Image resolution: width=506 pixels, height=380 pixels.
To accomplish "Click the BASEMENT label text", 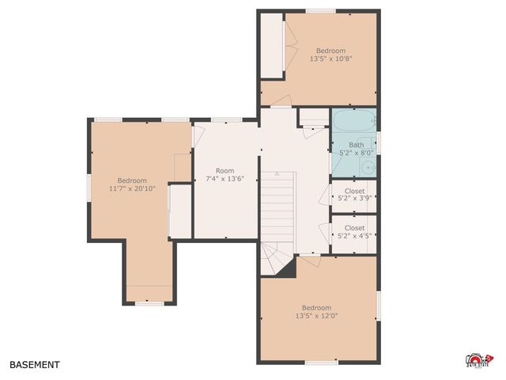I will point(34,365).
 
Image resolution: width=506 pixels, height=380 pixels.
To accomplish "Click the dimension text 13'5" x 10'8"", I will point(331,59).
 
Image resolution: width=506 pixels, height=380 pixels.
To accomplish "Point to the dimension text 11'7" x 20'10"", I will point(132,188).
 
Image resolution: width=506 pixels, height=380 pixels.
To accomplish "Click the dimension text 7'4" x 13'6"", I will point(225,179).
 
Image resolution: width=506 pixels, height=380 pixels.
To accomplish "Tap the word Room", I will point(225,170).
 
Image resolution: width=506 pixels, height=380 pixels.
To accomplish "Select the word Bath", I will point(357,144).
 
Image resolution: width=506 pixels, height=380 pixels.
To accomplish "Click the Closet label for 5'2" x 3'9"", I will point(355,191).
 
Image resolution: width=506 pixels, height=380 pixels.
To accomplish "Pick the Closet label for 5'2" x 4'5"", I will point(355,227).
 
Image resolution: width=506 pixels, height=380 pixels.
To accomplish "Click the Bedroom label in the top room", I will point(331,50).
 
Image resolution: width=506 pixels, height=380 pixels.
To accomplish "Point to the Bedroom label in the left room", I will point(132,180).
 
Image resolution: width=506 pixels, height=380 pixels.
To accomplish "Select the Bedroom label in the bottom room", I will point(317,308).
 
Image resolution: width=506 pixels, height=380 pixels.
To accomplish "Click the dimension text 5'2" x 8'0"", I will point(357,153).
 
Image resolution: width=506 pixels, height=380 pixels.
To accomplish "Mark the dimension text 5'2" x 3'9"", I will point(355,199).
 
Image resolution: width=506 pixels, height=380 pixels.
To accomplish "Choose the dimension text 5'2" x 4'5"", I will point(355,236).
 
